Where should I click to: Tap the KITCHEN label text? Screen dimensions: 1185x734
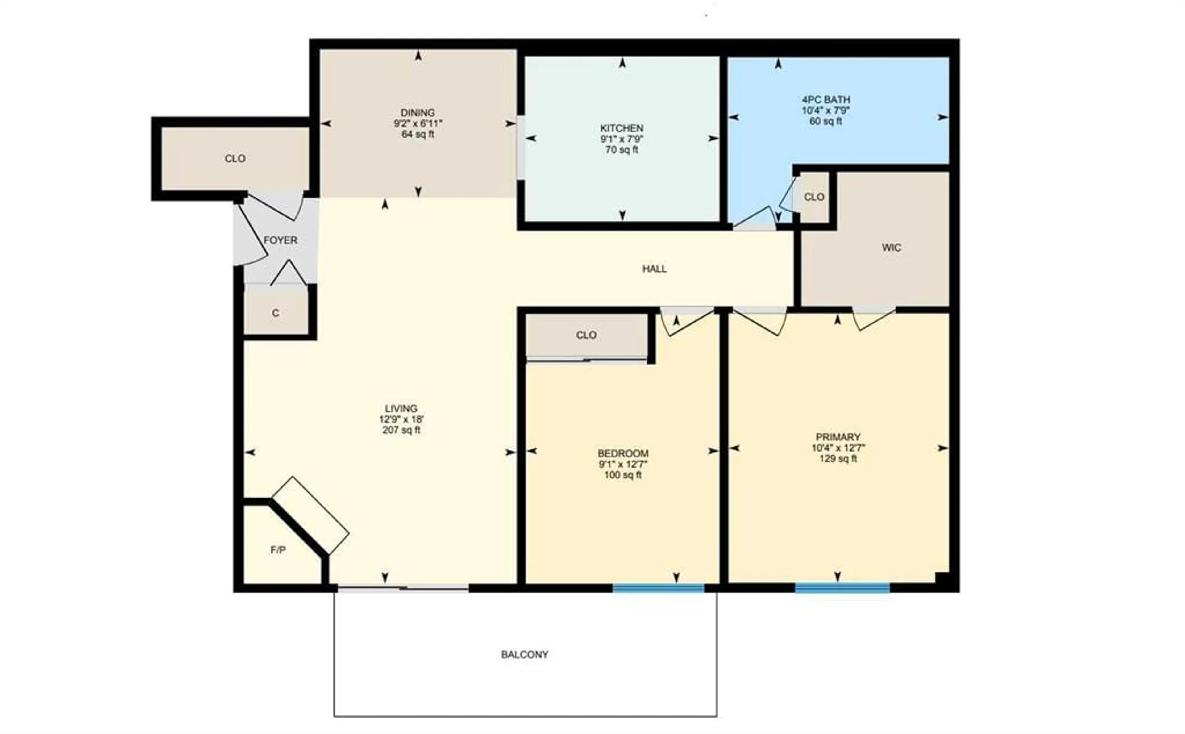coord(622,128)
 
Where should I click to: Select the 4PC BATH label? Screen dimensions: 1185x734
coord(826,99)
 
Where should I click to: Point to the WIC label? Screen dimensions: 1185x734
coord(892,248)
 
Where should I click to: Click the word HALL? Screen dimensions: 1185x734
coord(654,269)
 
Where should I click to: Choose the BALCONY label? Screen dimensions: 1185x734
coord(525,654)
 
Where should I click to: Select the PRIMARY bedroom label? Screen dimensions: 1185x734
coord(838,437)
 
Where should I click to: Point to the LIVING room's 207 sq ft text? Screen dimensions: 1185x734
coord(401,430)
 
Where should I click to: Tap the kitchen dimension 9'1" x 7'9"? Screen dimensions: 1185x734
coord(622,139)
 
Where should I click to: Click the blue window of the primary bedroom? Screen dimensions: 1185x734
coord(842,588)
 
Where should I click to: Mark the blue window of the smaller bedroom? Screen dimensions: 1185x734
coord(658,588)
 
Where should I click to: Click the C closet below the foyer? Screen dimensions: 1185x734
coord(276,313)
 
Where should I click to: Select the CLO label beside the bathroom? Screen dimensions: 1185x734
coord(814,197)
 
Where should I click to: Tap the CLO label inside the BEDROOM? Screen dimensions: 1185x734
coord(586,335)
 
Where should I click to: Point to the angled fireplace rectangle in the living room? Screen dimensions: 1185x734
coord(310,515)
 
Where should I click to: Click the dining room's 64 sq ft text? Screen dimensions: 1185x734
coord(418,134)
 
